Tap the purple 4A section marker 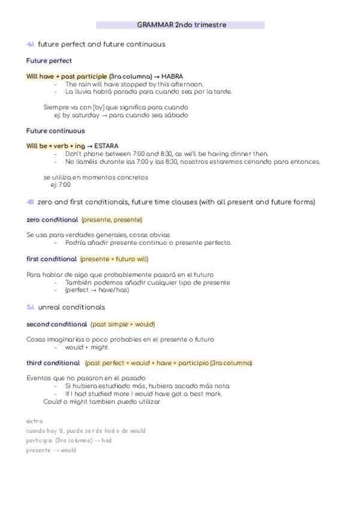click(31, 44)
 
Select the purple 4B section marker click(31, 202)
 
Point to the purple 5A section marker click(31, 307)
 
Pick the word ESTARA click(107, 146)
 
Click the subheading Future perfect click(49, 61)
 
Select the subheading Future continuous click(55, 130)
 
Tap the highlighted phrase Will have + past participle click(67, 77)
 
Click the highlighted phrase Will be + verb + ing click(55, 146)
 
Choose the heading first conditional click(52, 259)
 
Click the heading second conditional click(56, 324)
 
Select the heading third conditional click(53, 363)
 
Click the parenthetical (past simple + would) click(122, 324)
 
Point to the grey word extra click(34, 421)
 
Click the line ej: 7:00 click(60, 185)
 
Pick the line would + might click(86, 347)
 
